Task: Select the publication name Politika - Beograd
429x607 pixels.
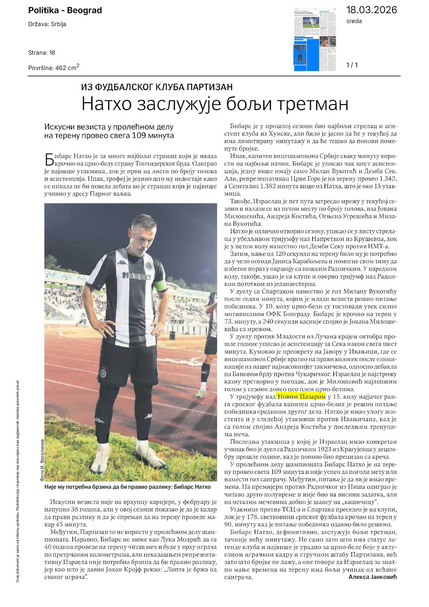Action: pyautogui.click(x=65, y=11)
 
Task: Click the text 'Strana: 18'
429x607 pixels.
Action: pyautogui.click(x=42, y=53)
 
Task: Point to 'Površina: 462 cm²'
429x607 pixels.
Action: pyautogui.click(x=54, y=68)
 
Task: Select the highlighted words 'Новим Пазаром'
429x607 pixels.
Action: pyautogui.click(x=301, y=396)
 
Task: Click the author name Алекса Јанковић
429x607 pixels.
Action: pyautogui.click(x=372, y=577)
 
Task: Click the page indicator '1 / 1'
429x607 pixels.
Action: pyautogui.click(x=352, y=65)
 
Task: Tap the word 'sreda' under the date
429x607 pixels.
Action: pyautogui.click(x=354, y=21)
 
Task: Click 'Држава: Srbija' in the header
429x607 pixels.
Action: pyautogui.click(x=47, y=24)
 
